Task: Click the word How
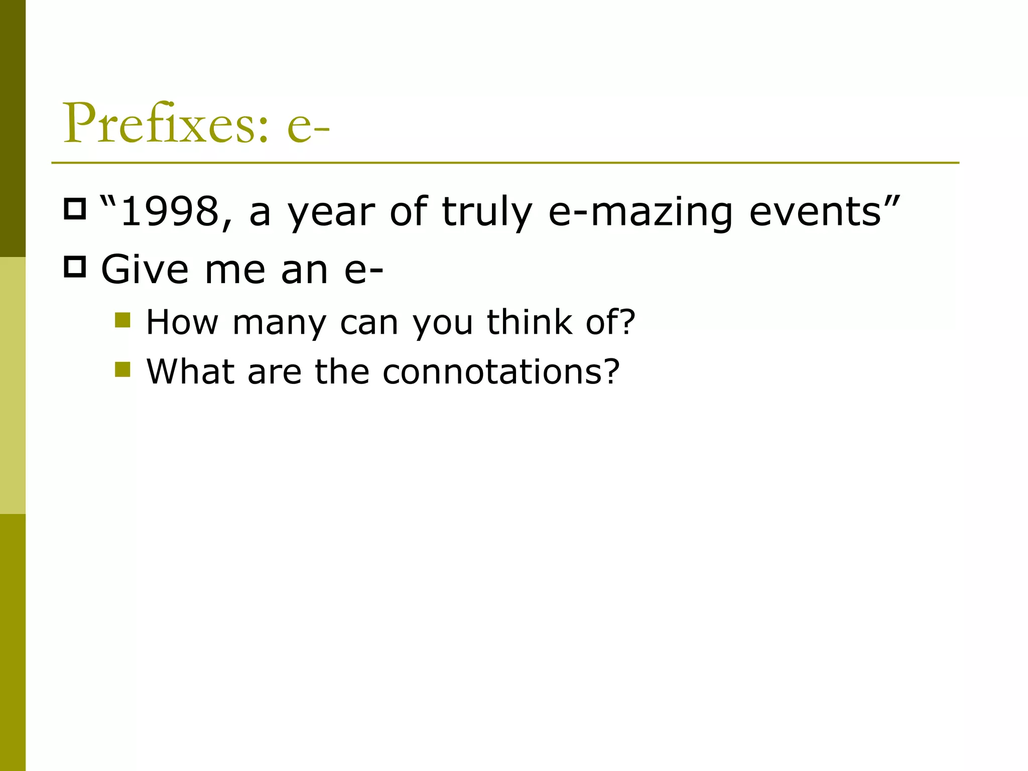tap(182, 322)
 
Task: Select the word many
tap(280, 322)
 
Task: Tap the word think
tap(530, 322)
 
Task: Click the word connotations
tap(490, 372)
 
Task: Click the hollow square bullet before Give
tap(75, 267)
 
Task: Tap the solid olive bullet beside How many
tap(122, 320)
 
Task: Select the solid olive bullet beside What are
tap(122, 369)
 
